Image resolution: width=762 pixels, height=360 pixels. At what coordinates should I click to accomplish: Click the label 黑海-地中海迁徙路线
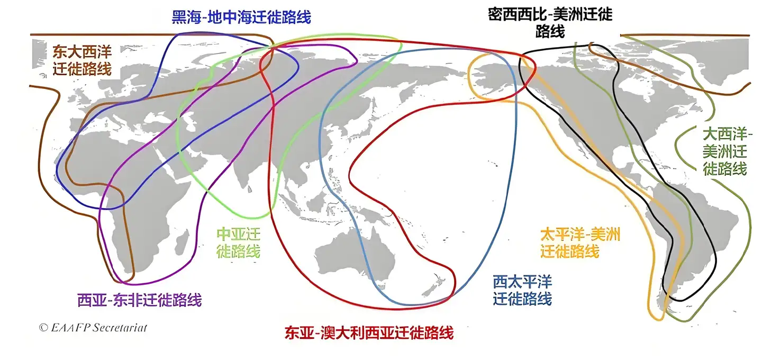[241, 16]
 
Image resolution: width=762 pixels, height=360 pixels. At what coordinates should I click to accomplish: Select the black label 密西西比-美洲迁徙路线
[550, 22]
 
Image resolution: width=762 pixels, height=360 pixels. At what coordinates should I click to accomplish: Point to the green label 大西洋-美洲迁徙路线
[724, 151]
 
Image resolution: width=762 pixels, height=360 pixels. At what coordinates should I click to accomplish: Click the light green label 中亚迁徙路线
[239, 242]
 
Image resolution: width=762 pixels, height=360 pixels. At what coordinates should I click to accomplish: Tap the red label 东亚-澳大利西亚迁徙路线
[369, 333]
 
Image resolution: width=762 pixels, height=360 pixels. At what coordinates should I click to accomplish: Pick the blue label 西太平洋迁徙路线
[522, 290]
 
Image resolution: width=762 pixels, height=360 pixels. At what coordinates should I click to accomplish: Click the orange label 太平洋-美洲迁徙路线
[579, 242]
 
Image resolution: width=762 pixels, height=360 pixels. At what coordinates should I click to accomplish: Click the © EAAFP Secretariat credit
[93, 327]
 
